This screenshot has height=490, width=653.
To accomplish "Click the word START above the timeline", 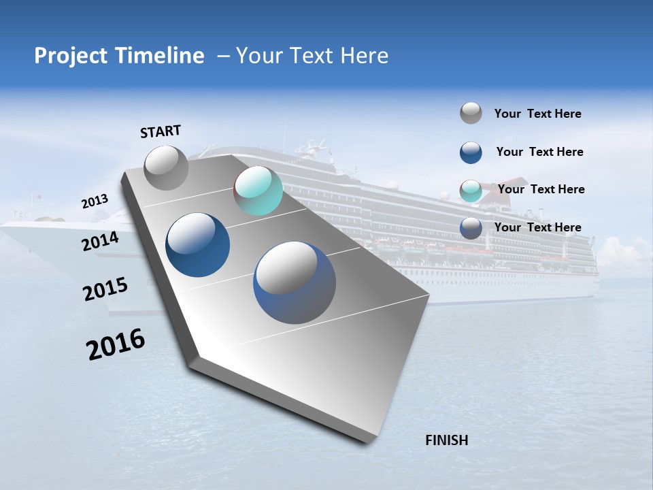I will (x=161, y=131).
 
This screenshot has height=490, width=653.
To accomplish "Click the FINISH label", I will (x=446, y=440).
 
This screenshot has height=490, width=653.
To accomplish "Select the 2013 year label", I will (x=95, y=201).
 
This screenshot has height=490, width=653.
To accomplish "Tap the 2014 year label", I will (x=100, y=242).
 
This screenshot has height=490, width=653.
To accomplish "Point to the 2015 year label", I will (x=105, y=289).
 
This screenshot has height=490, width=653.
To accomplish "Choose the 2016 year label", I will (x=116, y=344).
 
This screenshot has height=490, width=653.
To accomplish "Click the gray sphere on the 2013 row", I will (x=166, y=167).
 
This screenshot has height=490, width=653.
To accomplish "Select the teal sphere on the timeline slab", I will (x=258, y=191).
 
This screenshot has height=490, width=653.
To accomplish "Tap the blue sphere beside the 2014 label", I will (x=198, y=245).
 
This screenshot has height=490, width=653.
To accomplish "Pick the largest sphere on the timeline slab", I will (x=295, y=282).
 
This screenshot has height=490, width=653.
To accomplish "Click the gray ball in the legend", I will (x=471, y=114).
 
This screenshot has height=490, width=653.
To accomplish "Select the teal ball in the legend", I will (x=471, y=191).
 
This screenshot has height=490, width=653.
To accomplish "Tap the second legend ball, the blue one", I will (x=471, y=152).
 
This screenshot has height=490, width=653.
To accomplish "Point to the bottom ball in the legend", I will (x=471, y=228).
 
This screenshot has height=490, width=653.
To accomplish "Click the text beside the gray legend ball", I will (x=537, y=114).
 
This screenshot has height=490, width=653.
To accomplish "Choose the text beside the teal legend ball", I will (x=541, y=189).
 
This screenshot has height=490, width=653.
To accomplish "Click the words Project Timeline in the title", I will (x=119, y=56).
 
